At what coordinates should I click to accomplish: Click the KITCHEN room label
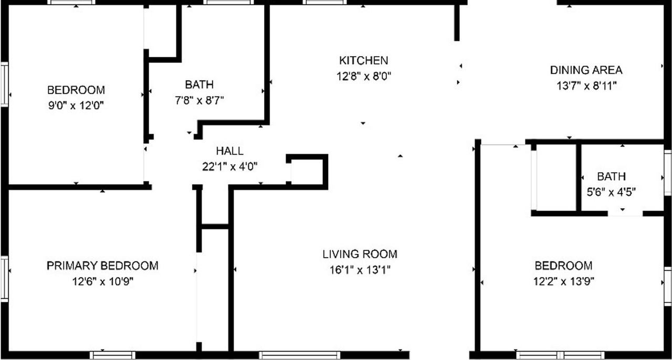[x=363, y=60]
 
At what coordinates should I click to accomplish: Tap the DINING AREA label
[x=586, y=70]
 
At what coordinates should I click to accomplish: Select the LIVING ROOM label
[x=360, y=255]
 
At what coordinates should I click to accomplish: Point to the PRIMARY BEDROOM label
[x=102, y=266]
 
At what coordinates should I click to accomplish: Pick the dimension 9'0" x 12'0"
[x=76, y=105]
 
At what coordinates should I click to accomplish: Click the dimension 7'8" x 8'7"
[x=199, y=100]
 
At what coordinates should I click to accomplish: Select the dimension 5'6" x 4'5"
[x=611, y=192]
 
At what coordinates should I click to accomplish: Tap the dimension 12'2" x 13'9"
[x=563, y=281]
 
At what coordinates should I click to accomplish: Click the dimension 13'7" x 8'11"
[x=586, y=86]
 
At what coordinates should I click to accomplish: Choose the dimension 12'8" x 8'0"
[x=364, y=76]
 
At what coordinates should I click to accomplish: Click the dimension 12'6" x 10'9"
[x=103, y=281]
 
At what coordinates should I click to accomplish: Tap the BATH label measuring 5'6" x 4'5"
[x=611, y=177]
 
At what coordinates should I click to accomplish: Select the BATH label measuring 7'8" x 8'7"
[x=199, y=84]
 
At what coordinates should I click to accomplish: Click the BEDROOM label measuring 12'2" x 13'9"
[x=563, y=266]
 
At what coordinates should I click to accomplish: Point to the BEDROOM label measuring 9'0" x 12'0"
[x=76, y=90]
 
